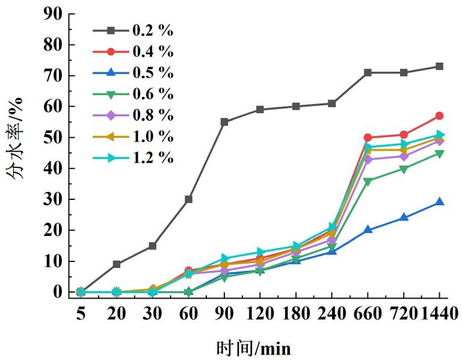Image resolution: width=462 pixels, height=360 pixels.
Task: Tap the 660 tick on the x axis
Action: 368,314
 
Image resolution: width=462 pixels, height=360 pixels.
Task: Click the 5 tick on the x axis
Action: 81,314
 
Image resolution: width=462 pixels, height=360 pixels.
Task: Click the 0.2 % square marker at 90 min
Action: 224,122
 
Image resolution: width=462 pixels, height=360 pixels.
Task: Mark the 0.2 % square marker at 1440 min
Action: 439,66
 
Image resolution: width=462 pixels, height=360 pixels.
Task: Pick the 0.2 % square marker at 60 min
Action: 188,199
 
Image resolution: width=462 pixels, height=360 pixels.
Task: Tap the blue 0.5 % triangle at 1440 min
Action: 439,202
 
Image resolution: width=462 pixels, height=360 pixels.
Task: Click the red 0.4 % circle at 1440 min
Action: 439,116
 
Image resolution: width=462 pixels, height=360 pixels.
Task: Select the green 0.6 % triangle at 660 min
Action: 368,181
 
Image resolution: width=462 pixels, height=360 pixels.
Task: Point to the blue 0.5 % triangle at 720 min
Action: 404,217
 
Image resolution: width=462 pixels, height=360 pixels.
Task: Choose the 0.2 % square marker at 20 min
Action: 117,264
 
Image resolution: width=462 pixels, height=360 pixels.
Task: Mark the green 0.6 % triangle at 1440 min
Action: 439,154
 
